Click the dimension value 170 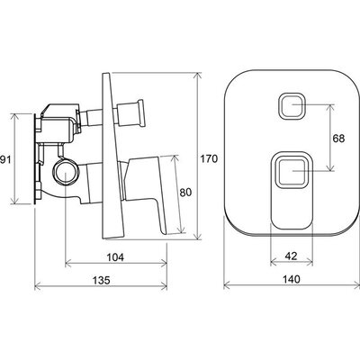209,158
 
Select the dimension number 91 5,159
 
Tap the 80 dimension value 185,193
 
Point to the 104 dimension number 115,257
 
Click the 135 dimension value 101,280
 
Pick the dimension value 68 338,139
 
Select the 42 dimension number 291,256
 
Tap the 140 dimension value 292,279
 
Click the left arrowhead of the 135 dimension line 38,286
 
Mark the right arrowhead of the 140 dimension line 356,285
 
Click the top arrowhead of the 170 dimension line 198,76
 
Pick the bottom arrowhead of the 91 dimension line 15,201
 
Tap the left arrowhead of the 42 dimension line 274,262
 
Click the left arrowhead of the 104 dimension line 68,264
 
